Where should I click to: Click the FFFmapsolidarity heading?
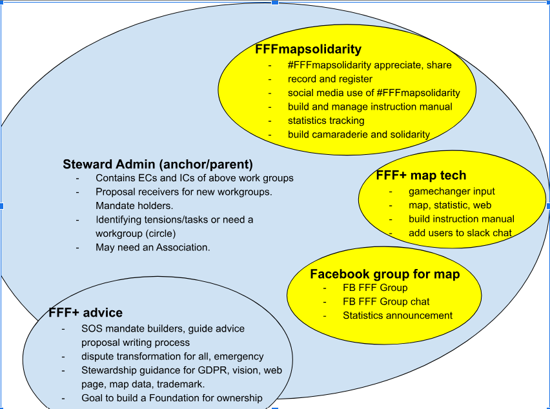(308, 49)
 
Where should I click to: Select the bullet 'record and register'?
(330, 79)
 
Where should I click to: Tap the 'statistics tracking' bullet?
(326, 121)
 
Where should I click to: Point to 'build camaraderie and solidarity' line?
(358, 134)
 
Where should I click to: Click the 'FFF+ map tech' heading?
(421, 175)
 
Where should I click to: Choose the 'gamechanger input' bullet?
(451, 191)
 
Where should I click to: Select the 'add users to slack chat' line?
(460, 233)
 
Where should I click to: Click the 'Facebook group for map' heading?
(385, 274)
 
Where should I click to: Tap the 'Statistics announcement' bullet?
(397, 315)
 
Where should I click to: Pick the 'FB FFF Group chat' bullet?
(386, 301)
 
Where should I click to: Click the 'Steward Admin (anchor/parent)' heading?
(158, 164)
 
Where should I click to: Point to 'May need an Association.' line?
(152, 247)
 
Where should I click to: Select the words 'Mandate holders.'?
(134, 206)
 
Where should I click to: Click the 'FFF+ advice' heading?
(85, 313)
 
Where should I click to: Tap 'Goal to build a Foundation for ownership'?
(172, 398)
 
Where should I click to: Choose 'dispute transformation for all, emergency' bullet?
(172, 356)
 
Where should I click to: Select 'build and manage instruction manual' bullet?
(370, 106)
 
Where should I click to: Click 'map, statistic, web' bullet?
(449, 205)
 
